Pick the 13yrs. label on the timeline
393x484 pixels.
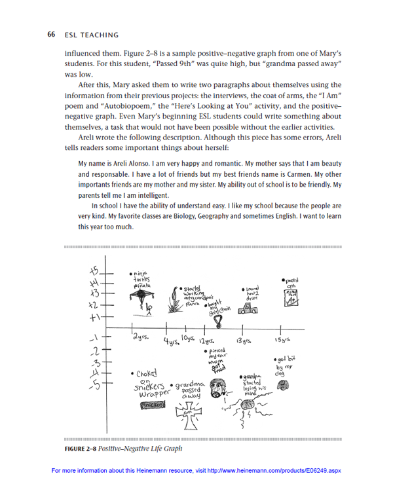[x=245, y=341]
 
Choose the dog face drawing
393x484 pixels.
[x=284, y=388]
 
